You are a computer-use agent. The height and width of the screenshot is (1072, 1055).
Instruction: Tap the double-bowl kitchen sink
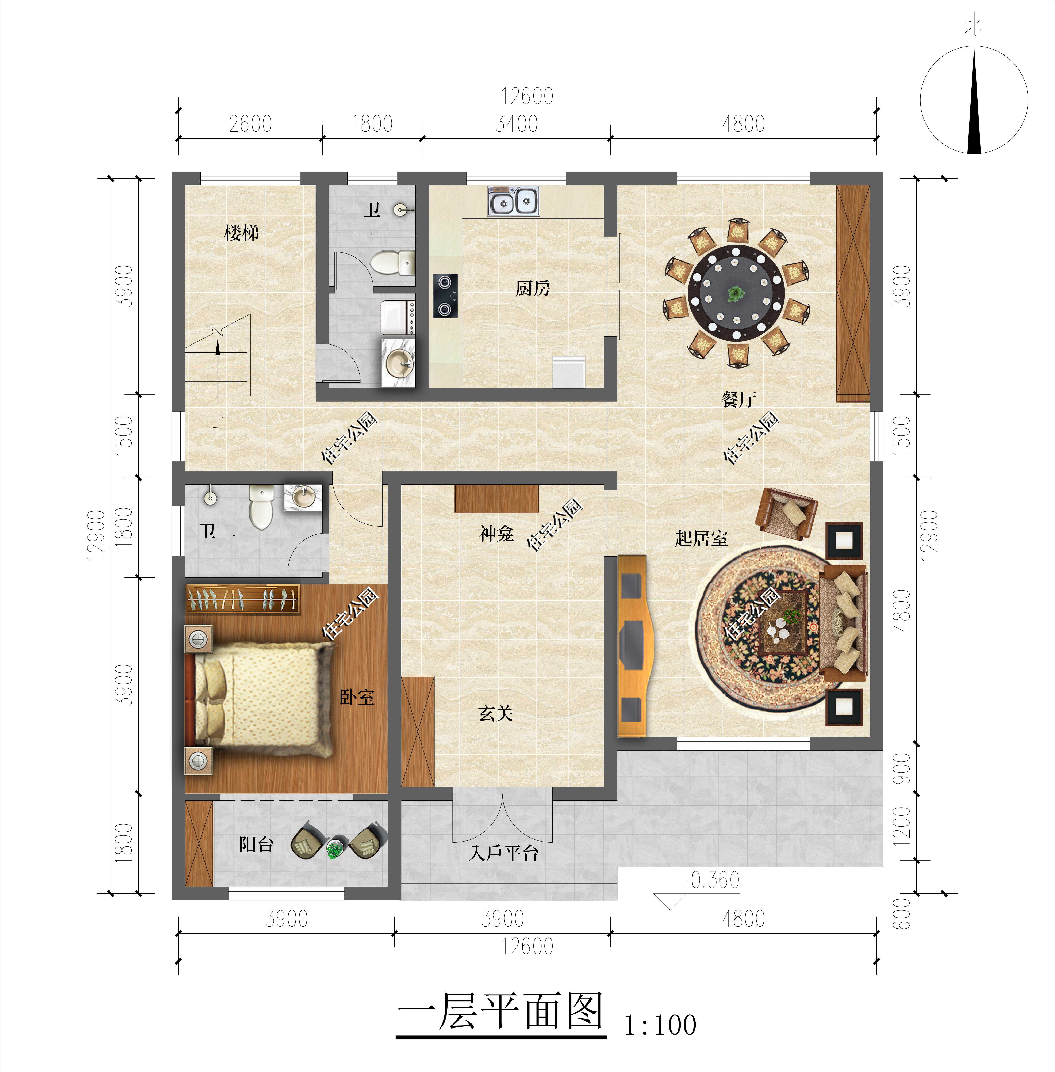(513, 201)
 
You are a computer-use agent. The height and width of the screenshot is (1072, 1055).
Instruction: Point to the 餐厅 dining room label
(739, 399)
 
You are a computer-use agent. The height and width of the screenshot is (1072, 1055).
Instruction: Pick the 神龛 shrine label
(496, 534)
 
